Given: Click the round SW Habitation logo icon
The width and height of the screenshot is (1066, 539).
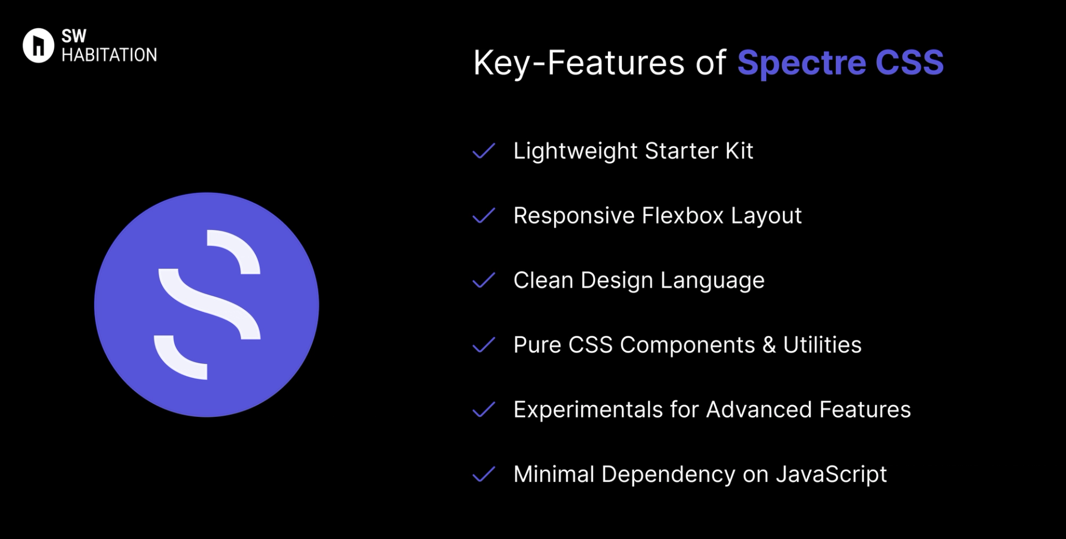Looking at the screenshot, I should click(38, 46).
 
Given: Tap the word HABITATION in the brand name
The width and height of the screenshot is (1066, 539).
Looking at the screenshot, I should click(109, 55).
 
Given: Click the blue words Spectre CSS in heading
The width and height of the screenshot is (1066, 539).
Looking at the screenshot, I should click(840, 62).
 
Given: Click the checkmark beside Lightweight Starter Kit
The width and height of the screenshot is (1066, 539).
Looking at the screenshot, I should click(484, 151).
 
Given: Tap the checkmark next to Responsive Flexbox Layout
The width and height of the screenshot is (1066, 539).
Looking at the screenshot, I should click(484, 215).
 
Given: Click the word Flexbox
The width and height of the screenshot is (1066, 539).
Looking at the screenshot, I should click(683, 215).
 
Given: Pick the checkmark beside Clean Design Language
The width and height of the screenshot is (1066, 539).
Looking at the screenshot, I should click(484, 280).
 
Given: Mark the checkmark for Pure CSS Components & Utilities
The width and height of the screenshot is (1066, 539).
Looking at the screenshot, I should click(484, 345).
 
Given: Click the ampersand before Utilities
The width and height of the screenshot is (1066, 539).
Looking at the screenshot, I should click(769, 345).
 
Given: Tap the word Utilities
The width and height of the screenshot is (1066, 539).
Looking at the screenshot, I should click(822, 345).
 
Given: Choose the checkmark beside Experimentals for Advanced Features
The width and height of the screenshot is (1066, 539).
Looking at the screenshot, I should click(484, 410).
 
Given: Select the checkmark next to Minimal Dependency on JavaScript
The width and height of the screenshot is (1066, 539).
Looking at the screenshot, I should click(484, 475).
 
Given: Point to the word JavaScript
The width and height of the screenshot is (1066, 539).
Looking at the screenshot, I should click(831, 475).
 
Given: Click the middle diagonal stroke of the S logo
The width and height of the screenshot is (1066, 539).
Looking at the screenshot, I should click(208, 303).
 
